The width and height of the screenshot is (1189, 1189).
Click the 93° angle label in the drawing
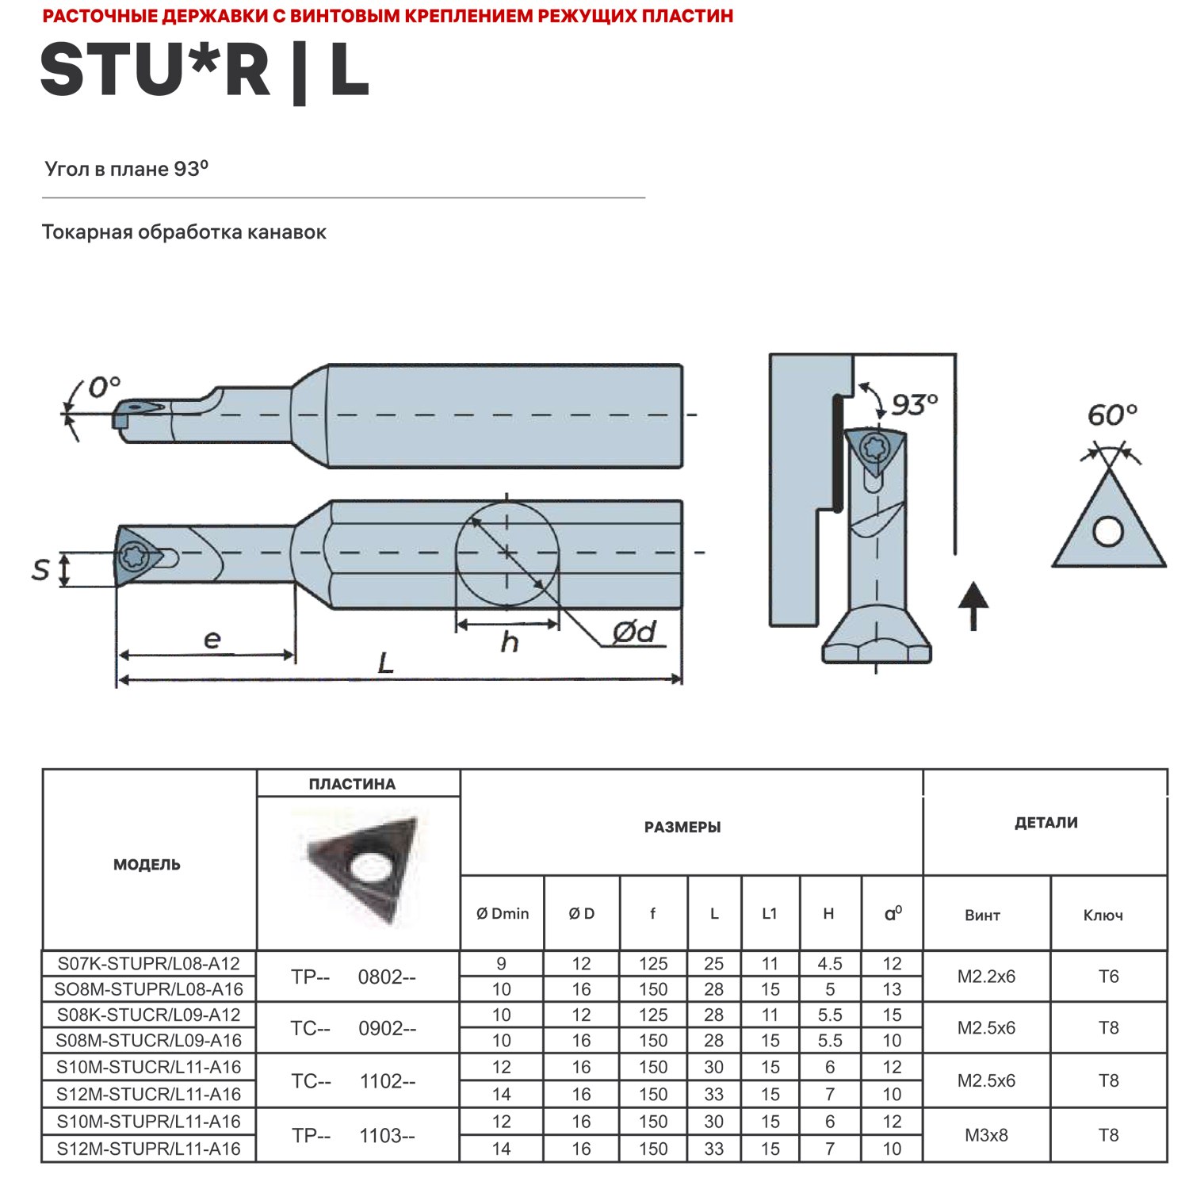(x=914, y=404)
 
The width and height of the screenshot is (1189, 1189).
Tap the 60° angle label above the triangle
(x=1111, y=415)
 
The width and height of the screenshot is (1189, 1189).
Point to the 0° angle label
(x=104, y=387)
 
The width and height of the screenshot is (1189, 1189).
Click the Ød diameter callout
(x=634, y=632)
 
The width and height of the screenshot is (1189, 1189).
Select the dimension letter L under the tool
(x=386, y=662)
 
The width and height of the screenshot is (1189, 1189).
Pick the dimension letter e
(x=212, y=639)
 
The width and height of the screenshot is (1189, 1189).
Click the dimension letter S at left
(x=40, y=569)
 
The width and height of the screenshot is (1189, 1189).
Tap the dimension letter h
(x=509, y=642)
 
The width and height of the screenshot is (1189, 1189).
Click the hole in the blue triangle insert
(x=1107, y=531)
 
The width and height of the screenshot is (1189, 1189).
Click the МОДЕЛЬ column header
(x=147, y=865)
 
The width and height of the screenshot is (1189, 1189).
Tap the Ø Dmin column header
(x=503, y=913)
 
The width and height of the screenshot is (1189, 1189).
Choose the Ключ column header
(x=1103, y=916)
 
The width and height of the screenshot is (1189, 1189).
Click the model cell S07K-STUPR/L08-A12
(x=148, y=964)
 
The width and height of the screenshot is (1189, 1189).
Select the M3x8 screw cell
(x=986, y=1135)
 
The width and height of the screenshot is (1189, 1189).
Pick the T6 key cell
(x=1108, y=977)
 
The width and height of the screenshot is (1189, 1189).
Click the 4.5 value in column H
(x=829, y=964)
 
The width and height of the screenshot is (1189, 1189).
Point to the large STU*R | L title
(x=205, y=71)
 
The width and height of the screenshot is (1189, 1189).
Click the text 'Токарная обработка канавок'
(x=184, y=232)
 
